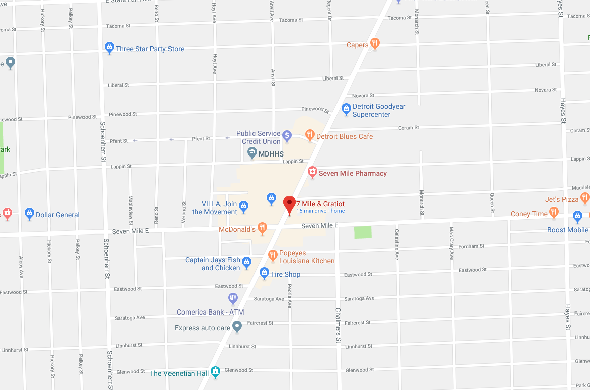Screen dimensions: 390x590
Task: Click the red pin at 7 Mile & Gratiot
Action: click(289, 204)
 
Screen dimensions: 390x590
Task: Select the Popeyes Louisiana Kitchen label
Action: click(307, 257)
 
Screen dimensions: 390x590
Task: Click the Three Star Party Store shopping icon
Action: click(109, 48)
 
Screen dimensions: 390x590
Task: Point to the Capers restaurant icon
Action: click(374, 44)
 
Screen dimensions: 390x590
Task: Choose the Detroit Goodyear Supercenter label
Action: click(379, 110)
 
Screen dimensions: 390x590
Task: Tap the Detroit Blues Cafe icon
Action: click(310, 136)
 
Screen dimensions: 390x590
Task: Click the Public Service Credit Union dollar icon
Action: click(287, 135)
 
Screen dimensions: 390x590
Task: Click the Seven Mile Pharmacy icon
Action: click(312, 173)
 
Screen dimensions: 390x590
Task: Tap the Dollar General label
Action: click(57, 215)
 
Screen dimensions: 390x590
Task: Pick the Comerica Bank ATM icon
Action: click(233, 299)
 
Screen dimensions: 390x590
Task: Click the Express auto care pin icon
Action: click(237, 327)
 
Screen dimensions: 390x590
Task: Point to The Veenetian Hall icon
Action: click(216, 372)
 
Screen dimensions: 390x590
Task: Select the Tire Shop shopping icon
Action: click(264, 273)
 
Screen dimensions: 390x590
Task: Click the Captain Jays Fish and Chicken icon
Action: click(246, 262)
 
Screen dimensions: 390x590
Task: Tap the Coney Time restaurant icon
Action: click(554, 213)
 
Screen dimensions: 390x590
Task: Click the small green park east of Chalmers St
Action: click(363, 232)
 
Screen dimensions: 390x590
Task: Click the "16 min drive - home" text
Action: click(320, 211)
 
